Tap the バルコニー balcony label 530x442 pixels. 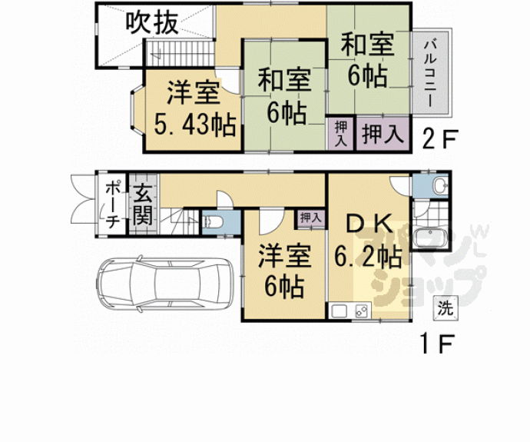click(429, 74)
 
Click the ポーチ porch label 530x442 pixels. click(111, 204)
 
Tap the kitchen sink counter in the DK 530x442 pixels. click(349, 311)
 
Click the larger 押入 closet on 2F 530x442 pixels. click(382, 135)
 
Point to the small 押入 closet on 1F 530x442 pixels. click(310, 218)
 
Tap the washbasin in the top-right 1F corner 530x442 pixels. click(436, 186)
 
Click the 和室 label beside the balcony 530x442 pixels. click(366, 45)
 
